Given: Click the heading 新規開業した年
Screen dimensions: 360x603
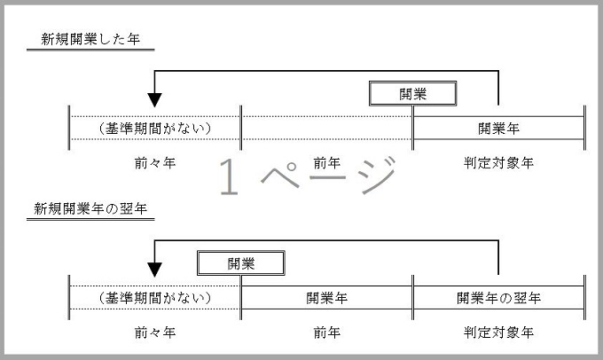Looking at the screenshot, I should (92, 40).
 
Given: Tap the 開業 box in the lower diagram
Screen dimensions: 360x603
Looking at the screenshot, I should (240, 262).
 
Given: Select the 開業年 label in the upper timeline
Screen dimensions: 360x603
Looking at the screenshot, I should (498, 128).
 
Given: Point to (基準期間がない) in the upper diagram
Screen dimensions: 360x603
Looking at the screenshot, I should (155, 128).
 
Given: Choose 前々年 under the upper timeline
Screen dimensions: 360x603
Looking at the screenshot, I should (155, 163).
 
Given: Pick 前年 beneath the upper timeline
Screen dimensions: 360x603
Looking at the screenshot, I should (326, 163).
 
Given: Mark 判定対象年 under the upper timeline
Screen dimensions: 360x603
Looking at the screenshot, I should (498, 163).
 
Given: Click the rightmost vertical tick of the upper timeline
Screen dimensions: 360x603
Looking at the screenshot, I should (584, 128).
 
